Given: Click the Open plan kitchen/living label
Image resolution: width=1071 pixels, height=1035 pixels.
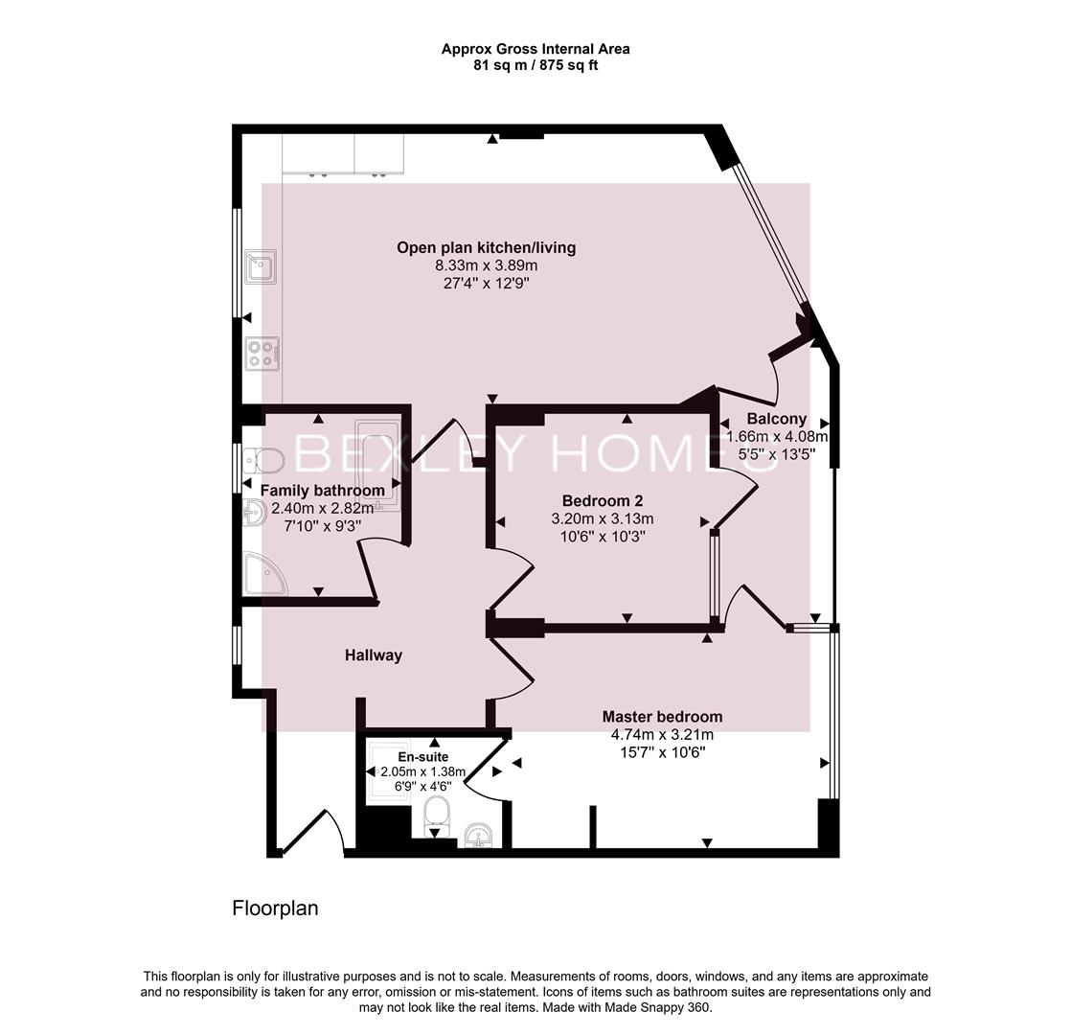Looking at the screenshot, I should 486,248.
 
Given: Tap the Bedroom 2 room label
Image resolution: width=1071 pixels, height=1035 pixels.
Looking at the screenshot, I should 602,500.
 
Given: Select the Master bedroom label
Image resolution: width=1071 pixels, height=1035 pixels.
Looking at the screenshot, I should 662,717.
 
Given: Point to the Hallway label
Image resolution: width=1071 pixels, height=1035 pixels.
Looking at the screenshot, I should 374,655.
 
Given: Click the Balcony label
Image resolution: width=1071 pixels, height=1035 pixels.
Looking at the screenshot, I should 776,419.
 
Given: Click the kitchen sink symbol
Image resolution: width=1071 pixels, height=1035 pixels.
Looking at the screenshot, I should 261,265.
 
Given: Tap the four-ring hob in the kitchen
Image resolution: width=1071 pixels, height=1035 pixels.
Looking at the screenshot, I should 262,354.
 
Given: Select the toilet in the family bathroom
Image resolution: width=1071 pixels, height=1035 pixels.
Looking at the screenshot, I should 264,461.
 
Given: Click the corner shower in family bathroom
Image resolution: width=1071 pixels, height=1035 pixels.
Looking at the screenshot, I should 262,574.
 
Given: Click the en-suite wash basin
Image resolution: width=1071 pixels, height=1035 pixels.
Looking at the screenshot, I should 478,837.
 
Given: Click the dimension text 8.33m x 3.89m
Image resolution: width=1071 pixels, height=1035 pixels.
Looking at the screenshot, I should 486,265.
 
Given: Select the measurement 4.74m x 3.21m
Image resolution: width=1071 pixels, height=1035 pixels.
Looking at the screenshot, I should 662,735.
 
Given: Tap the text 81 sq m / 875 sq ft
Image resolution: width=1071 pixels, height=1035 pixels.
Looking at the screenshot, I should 535,66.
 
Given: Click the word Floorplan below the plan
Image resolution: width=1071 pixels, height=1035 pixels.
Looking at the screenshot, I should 275,908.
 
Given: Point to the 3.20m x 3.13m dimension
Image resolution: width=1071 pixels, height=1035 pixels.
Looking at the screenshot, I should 602,518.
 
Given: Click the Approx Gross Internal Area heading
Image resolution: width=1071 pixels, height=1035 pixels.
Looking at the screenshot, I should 535,49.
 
